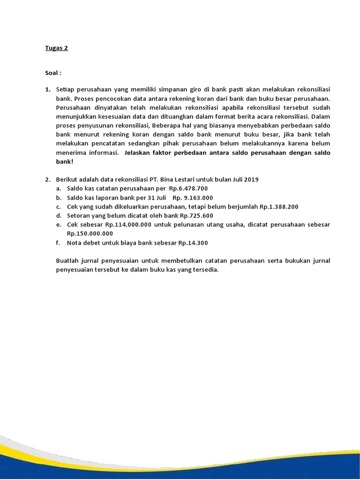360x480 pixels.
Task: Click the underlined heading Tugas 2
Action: click(x=56, y=48)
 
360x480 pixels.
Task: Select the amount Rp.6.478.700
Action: click(x=188, y=188)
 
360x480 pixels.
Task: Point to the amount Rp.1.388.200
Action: click(x=279, y=206)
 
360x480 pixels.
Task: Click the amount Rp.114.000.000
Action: click(x=128, y=225)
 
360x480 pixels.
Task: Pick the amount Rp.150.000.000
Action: click(x=90, y=233)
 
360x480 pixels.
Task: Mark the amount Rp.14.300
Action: click(x=192, y=243)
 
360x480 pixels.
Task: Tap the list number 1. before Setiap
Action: click(x=48, y=89)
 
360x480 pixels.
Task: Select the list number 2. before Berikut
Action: click(x=48, y=179)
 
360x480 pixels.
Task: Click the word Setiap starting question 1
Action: click(x=65, y=89)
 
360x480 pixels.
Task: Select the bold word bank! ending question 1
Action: click(x=65, y=161)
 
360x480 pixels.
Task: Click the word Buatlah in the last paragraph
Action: click(x=67, y=261)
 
